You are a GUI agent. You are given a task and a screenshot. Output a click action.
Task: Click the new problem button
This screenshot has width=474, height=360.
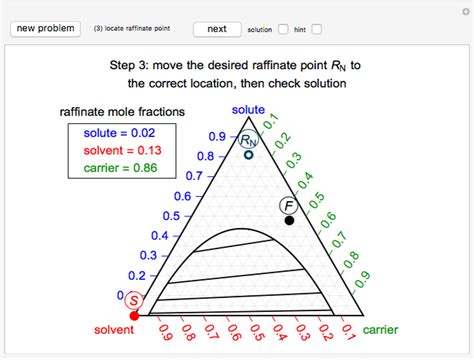pos(45,29)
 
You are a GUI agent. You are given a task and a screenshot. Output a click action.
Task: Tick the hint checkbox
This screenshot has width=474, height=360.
pos(317,29)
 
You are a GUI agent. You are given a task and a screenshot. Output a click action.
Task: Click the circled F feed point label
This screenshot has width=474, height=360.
pos(288,206)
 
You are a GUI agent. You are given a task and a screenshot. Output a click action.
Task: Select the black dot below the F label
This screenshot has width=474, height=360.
pos(290,219)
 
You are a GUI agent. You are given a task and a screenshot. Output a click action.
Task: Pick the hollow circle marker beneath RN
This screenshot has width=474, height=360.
pos(248,155)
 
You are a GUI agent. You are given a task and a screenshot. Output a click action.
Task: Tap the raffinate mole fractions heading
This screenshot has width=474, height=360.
pos(119,113)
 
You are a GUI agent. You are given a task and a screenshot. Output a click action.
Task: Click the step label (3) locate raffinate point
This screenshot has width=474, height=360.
pos(135,29)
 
